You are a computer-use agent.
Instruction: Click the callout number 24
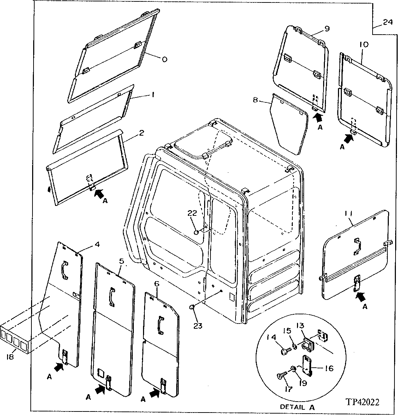point(387,22)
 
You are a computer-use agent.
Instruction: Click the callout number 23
point(198,326)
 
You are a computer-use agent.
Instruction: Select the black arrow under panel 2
point(100,193)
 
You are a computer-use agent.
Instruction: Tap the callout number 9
point(327,29)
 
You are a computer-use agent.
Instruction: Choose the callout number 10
point(364,45)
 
